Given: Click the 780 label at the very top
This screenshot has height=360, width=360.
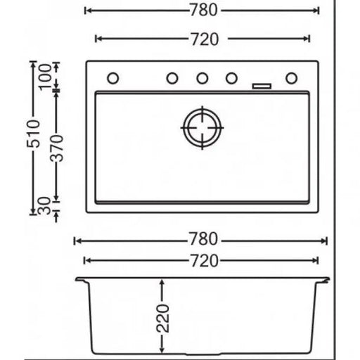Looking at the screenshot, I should tap(202, 11).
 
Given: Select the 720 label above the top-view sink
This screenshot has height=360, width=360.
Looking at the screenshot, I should tap(202, 38).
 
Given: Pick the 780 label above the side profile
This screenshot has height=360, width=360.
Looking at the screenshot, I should tap(202, 240).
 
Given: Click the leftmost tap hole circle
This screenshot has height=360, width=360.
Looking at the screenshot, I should tap(112, 78).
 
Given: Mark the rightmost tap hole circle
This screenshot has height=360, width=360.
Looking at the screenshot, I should tap(291, 78).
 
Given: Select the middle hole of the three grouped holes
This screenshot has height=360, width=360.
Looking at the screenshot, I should tap(202, 78).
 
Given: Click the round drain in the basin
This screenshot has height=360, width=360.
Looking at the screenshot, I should tap(202, 129).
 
